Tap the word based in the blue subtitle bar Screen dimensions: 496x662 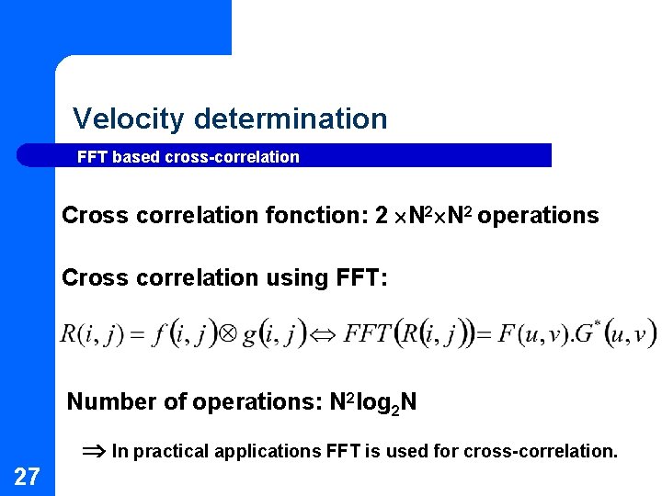136,157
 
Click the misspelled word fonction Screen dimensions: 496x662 317,216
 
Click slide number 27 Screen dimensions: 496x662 27,476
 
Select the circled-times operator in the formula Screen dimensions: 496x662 229,333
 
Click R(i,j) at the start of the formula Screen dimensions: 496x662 91,333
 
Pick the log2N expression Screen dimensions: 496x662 386,401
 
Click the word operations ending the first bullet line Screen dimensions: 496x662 538,216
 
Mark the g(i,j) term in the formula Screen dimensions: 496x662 273,333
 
